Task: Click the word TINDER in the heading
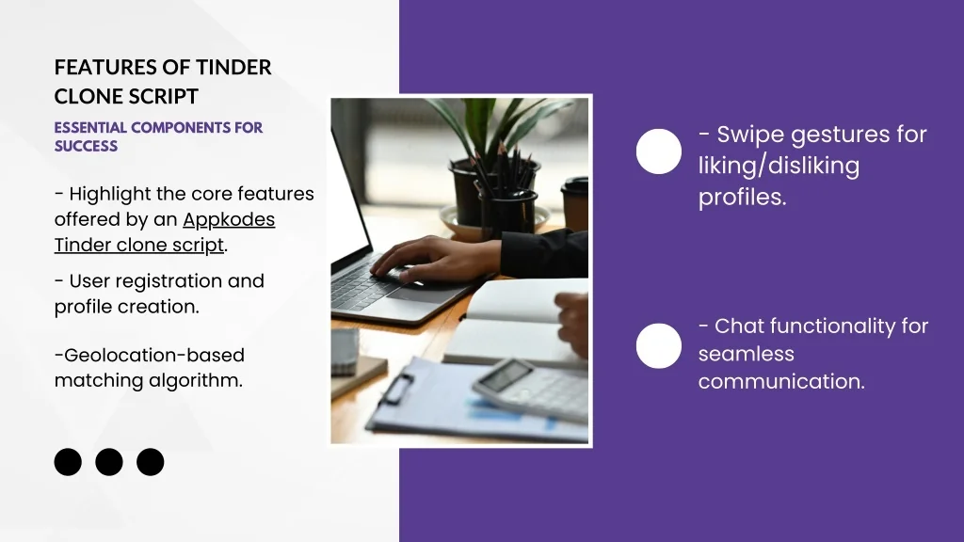[233, 67]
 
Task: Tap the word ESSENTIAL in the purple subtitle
[90, 128]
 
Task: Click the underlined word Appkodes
[229, 219]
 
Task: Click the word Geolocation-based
[153, 355]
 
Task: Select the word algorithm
[196, 381]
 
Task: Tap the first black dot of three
[68, 462]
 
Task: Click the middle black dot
[109, 462]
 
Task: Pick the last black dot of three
[150, 462]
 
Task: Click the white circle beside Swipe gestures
[658, 151]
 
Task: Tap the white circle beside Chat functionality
[658, 345]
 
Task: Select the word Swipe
[751, 135]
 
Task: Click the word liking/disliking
[779, 166]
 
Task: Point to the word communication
[781, 382]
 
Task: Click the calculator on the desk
[530, 389]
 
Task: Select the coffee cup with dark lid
[575, 204]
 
